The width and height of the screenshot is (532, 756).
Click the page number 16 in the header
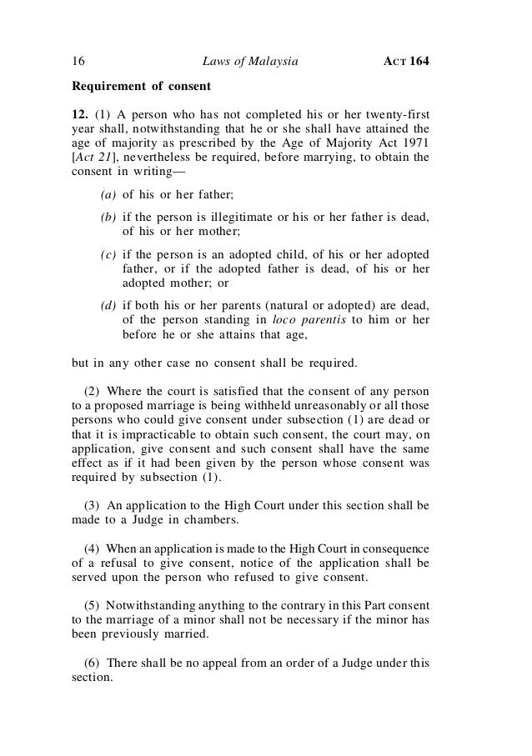click(x=79, y=61)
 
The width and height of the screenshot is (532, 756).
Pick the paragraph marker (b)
click(x=108, y=218)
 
